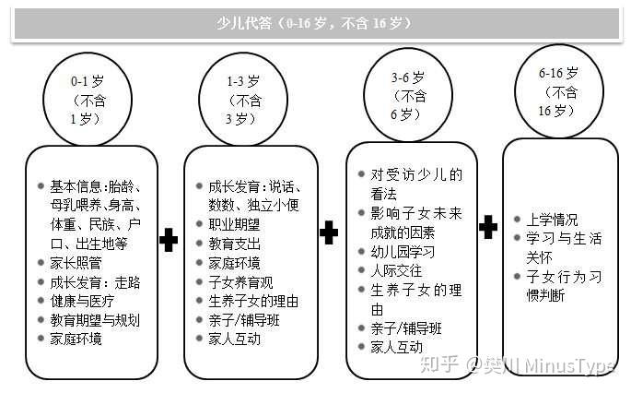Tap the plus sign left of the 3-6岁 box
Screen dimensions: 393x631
pos(328,233)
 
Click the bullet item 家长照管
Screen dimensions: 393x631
pos(77,262)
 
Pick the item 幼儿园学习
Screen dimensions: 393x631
pos(403,251)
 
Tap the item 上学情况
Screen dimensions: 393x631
pos(553,220)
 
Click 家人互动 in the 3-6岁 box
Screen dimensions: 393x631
pos(396,347)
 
